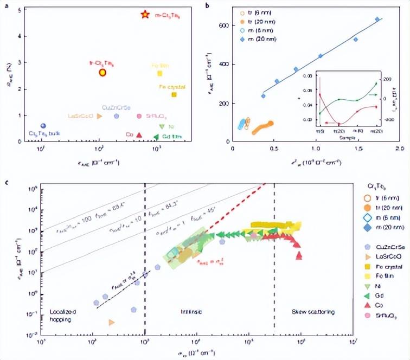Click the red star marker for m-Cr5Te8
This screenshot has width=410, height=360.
tap(144, 15)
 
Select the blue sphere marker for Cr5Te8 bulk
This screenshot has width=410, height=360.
tap(43, 126)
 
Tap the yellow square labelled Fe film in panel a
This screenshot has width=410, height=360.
tap(159, 73)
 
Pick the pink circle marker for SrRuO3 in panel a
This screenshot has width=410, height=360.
tap(139, 116)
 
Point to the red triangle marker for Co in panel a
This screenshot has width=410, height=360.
tap(139, 135)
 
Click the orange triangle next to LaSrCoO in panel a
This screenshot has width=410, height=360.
tap(99, 116)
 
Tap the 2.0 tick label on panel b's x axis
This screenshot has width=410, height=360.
tap(400, 147)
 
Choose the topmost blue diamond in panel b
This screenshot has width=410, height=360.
tap(377, 20)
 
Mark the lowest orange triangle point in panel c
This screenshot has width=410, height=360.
tap(112, 322)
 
